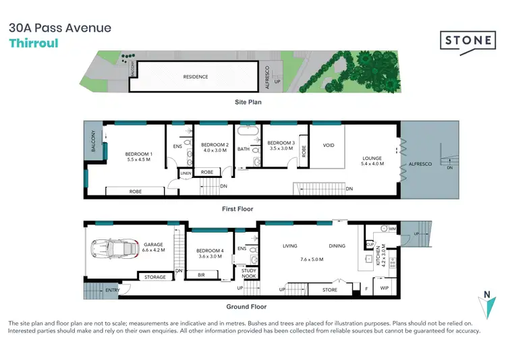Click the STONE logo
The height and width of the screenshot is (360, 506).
467,40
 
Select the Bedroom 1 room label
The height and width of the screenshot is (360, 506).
140,154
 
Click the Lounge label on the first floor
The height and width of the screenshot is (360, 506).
372,160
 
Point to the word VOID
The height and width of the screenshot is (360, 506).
329,145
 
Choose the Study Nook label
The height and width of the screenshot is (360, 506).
248,273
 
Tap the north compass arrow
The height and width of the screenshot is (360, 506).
487,307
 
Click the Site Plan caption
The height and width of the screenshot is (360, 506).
248,102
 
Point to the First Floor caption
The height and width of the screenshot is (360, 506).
237,209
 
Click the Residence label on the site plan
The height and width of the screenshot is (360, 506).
196,77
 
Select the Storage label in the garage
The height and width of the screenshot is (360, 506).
156,277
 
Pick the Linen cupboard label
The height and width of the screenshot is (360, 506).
185,173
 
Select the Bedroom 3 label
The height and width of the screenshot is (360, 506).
281,143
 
